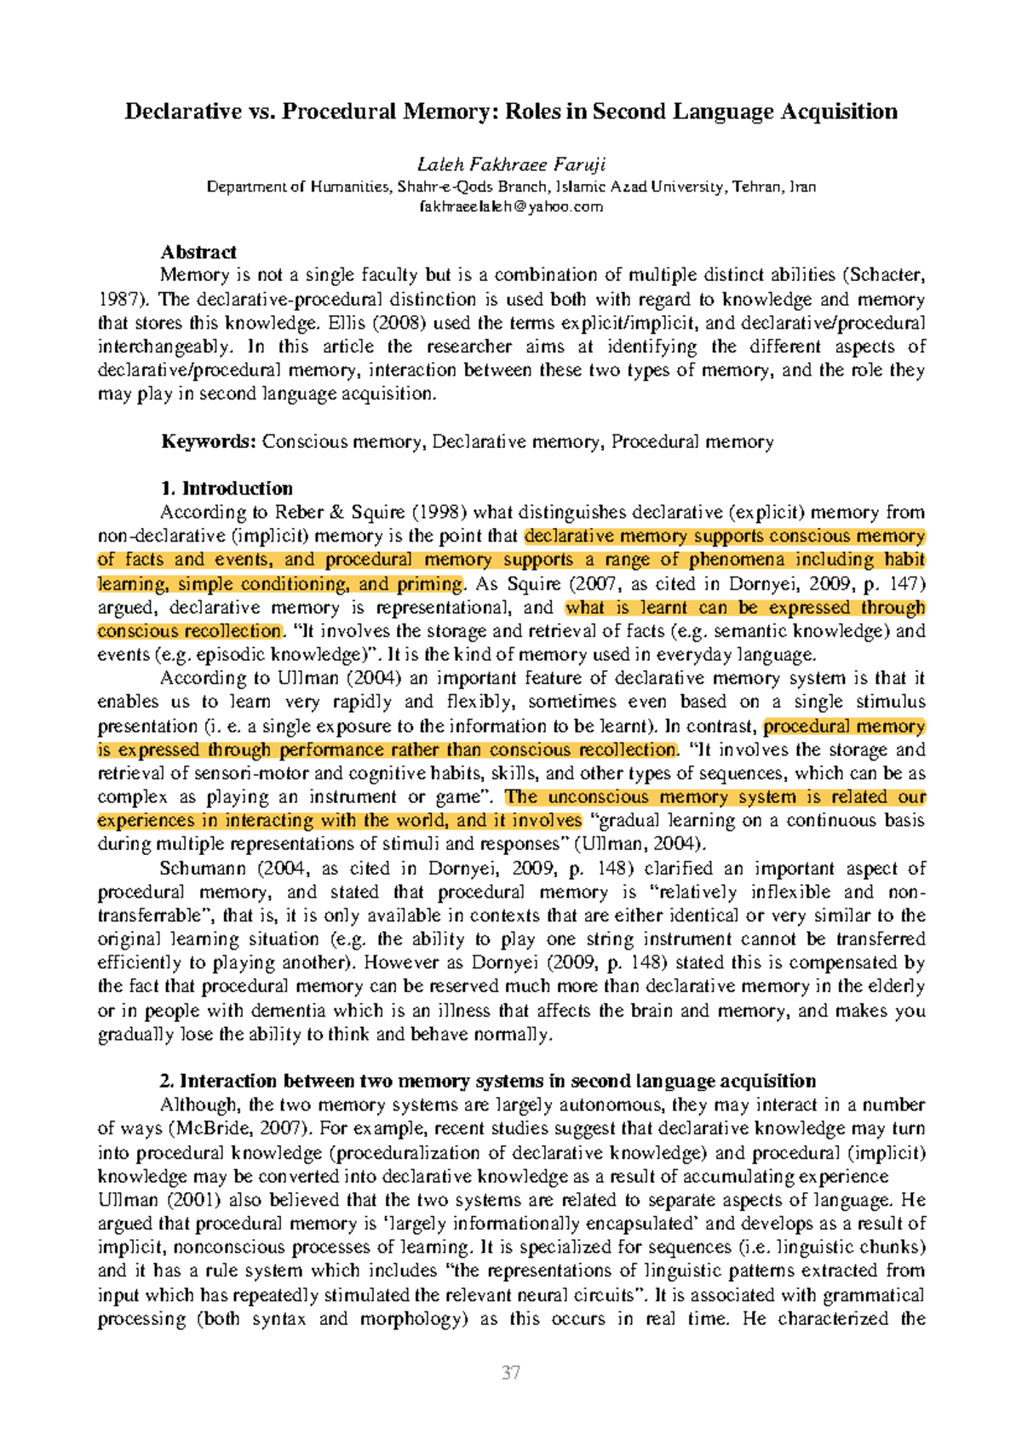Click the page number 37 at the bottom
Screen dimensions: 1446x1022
(511, 1373)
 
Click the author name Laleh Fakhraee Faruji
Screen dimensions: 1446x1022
(511, 164)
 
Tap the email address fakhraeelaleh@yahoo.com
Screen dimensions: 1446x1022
(511, 206)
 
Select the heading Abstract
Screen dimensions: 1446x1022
(198, 252)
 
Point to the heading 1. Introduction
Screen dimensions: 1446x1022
(227, 488)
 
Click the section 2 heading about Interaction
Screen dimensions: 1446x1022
(487, 1081)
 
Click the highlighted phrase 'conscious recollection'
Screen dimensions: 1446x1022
(188, 631)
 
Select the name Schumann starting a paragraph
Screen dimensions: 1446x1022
(203, 869)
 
